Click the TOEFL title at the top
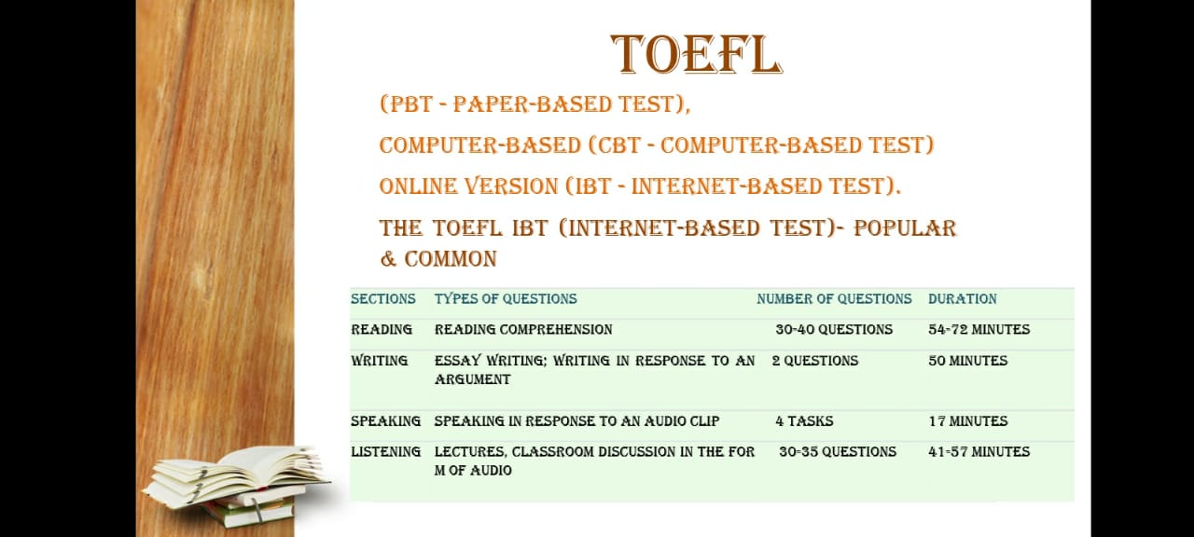coord(696,54)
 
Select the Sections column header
coord(383,299)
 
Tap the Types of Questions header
coord(506,299)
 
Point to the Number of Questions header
coord(834,299)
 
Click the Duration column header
coord(962,299)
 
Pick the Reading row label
coord(382,330)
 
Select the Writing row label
coord(380,361)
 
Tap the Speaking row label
coord(386,421)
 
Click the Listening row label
coord(386,452)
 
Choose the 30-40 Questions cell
coord(834,330)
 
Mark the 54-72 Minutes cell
coord(979,330)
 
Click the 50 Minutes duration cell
coord(968,361)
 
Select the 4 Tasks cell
coord(804,421)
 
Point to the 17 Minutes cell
coord(968,421)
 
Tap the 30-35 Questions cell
coord(838,452)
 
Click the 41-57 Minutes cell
coord(979,452)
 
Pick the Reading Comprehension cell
coord(523,330)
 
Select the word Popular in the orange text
coord(905,228)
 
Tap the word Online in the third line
coord(416,186)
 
